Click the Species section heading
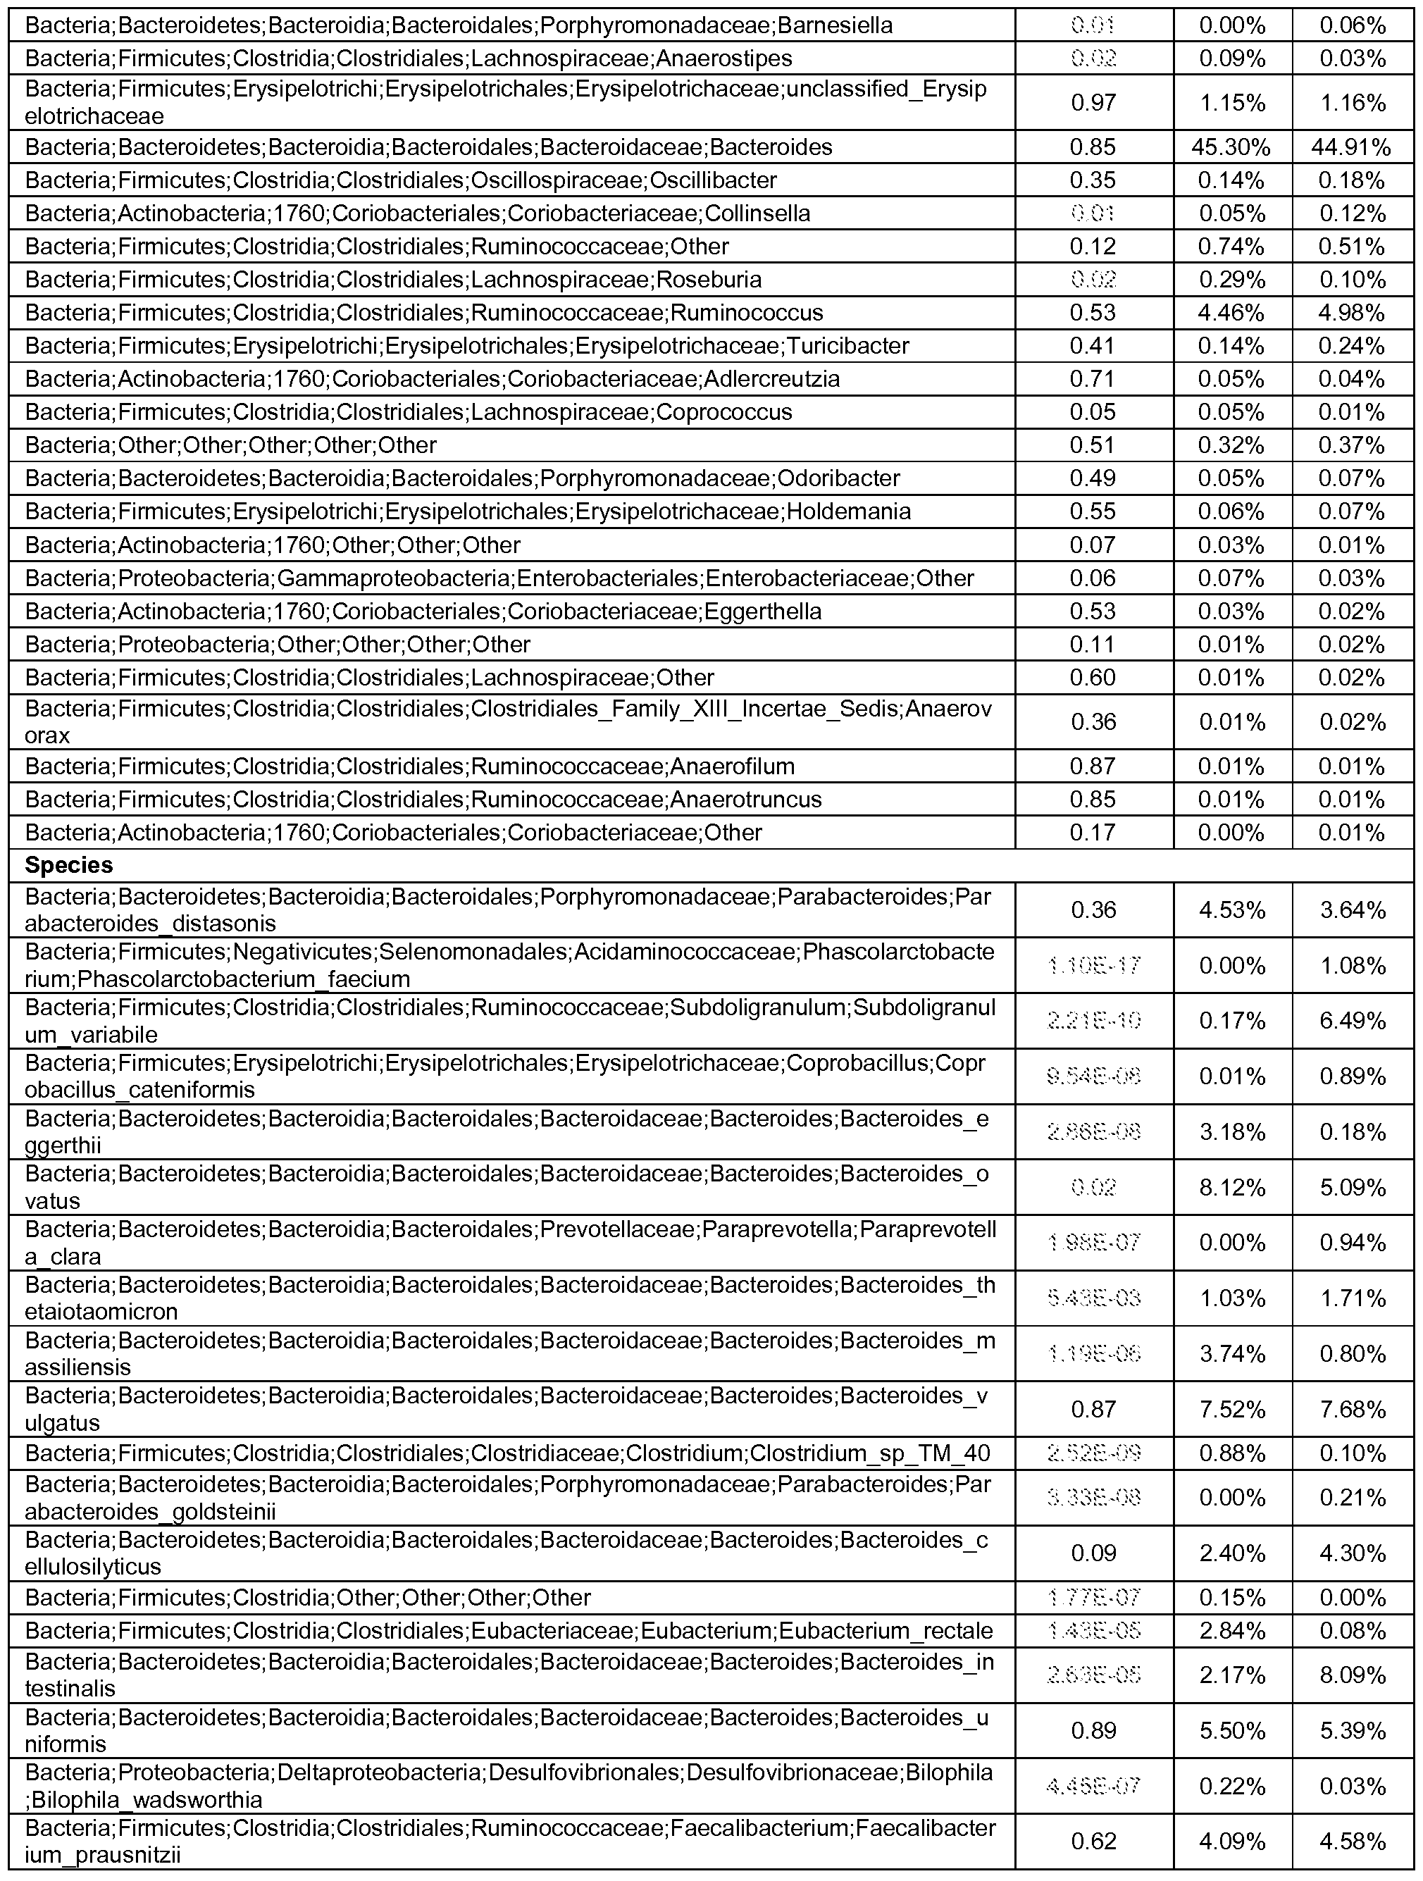click(x=69, y=865)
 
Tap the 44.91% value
click(x=1352, y=147)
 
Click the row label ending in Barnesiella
click(x=459, y=25)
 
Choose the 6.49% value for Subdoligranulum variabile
click(x=1352, y=1020)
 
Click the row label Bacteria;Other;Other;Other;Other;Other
click(x=230, y=445)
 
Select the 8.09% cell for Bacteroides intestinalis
click(x=1352, y=1675)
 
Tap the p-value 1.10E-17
click(x=1093, y=965)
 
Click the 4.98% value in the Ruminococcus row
click(x=1352, y=313)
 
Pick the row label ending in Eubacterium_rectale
click(x=509, y=1630)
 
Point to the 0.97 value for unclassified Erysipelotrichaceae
click(x=1093, y=103)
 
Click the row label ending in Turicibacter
click(x=467, y=346)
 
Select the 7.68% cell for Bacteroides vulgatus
click(x=1352, y=1409)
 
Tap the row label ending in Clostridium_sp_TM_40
click(x=507, y=1453)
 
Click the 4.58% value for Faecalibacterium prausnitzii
click(x=1352, y=1840)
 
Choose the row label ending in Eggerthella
click(x=423, y=612)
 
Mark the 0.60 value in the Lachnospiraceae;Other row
click(x=1093, y=678)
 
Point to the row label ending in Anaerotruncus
click(x=423, y=800)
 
